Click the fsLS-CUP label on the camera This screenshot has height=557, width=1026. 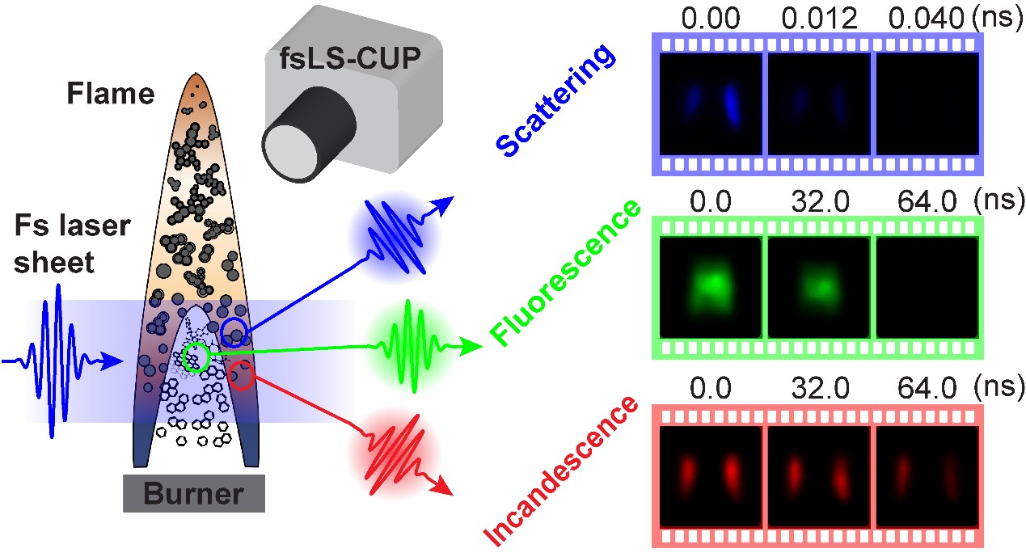(x=350, y=59)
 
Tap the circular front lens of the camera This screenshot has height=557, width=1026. (x=289, y=152)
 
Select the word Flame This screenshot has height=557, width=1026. (x=111, y=94)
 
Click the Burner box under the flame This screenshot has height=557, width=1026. (x=194, y=493)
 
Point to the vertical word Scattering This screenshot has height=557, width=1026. (x=555, y=100)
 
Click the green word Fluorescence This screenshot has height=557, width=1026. (x=565, y=272)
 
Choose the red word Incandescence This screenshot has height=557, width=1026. (x=559, y=470)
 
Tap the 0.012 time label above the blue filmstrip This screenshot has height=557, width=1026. (x=820, y=19)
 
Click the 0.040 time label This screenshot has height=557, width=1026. (x=926, y=19)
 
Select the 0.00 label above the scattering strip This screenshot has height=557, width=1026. (x=711, y=19)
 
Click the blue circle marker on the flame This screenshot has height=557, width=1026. (x=234, y=331)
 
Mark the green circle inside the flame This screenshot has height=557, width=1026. (x=196, y=357)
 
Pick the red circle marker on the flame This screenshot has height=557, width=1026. (x=242, y=375)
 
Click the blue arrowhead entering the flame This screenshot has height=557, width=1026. (x=112, y=361)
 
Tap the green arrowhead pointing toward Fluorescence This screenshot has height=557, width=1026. (x=471, y=347)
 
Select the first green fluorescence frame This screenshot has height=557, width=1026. (x=711, y=288)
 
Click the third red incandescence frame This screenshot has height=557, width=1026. (x=927, y=476)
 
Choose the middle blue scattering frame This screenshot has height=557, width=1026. (x=819, y=104)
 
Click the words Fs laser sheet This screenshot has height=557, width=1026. (x=72, y=243)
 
